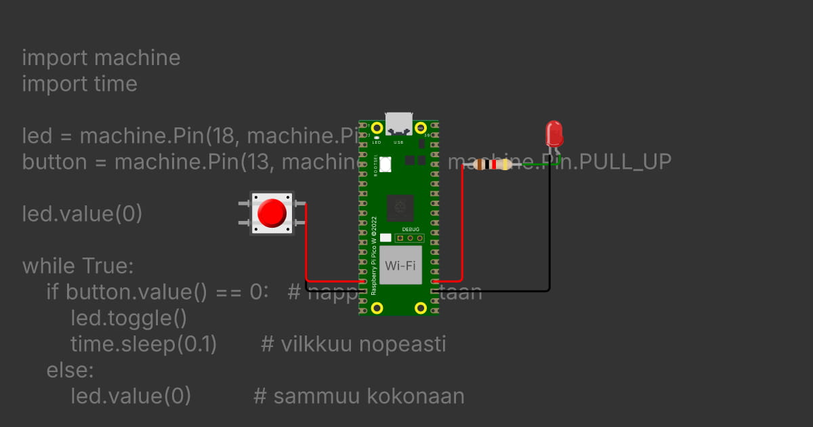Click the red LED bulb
[554, 134]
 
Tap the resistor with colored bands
[493, 164]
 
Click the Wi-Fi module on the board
[400, 265]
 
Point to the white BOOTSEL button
[385, 163]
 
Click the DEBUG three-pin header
[410, 238]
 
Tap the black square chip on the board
[400, 206]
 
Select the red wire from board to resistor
[462, 224]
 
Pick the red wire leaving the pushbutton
[306, 244]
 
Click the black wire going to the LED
[549, 230]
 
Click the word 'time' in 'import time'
[114, 84]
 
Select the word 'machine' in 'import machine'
[137, 58]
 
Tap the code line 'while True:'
[78, 266]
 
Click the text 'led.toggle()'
[128, 317]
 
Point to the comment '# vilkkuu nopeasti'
[353, 344]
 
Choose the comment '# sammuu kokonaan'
[358, 396]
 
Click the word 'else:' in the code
[70, 370]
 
